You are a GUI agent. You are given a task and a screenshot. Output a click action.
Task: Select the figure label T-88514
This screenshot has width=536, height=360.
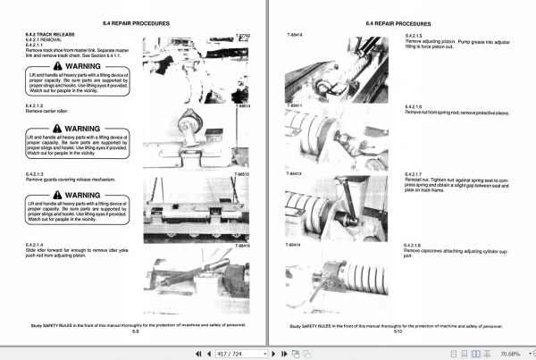[x=244, y=106]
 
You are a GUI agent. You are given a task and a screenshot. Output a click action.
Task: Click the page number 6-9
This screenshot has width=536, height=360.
[x=135, y=332]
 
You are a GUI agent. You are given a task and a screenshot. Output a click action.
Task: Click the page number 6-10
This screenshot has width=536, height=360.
[x=397, y=332]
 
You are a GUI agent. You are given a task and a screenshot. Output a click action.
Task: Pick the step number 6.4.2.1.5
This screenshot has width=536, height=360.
[x=416, y=36]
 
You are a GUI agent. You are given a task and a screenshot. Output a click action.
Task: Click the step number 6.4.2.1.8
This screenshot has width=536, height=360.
[x=416, y=244]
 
